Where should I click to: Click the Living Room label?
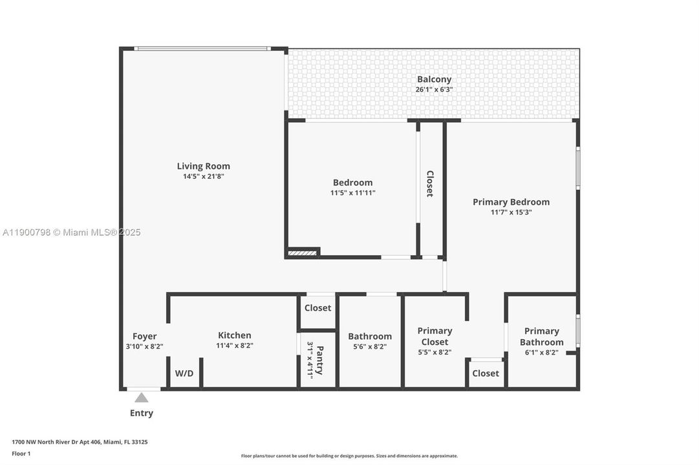pyautogui.click(x=203, y=166)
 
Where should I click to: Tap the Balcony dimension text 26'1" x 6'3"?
pyautogui.click(x=434, y=89)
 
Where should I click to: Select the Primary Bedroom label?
pyautogui.click(x=511, y=201)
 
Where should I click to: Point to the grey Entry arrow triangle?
pyautogui.click(x=142, y=397)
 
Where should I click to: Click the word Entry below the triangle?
pyautogui.click(x=142, y=413)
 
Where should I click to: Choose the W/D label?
pyautogui.click(x=184, y=373)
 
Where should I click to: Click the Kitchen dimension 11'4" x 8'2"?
pyautogui.click(x=235, y=346)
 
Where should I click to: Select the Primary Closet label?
pyautogui.click(x=435, y=336)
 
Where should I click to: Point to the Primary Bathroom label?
pyautogui.click(x=542, y=336)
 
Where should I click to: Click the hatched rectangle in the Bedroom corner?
pyautogui.click(x=302, y=253)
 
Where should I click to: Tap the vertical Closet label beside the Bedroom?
pyautogui.click(x=430, y=183)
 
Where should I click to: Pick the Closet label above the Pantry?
pyautogui.click(x=318, y=308)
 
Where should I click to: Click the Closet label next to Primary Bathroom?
pyautogui.click(x=486, y=373)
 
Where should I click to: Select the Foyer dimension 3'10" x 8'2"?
pyautogui.click(x=144, y=347)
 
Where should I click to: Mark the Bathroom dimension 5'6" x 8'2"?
pyautogui.click(x=370, y=347)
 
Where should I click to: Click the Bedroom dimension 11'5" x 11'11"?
pyautogui.click(x=352, y=193)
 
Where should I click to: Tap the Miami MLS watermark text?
pyautogui.click(x=71, y=232)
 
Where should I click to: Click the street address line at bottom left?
pyautogui.click(x=80, y=442)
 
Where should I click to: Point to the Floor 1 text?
pyautogui.click(x=21, y=454)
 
